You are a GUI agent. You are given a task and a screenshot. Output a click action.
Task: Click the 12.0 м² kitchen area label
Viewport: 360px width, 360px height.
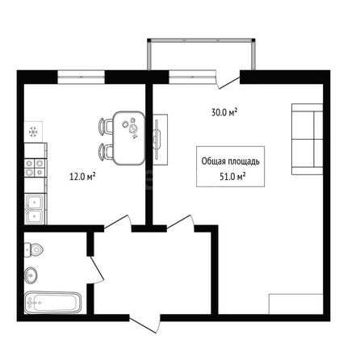tap(82, 177)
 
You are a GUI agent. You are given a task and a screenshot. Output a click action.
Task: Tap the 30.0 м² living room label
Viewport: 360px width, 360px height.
tap(224, 112)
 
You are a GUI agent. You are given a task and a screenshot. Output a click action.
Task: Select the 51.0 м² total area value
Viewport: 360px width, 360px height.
tap(232, 177)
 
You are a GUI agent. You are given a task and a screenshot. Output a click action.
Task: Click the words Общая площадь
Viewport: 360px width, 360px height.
tap(231, 161)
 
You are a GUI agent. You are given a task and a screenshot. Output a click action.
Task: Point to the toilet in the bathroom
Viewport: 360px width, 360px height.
tap(34, 250)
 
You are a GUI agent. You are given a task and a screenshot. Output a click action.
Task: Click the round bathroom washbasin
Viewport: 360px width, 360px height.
tap(31, 275)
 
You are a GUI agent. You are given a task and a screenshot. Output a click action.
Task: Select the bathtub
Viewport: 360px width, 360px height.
tap(52, 303)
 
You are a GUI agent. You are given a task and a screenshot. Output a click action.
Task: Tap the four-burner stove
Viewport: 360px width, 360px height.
tap(36, 168)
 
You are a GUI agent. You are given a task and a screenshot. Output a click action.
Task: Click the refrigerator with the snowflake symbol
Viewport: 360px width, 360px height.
tap(33, 132)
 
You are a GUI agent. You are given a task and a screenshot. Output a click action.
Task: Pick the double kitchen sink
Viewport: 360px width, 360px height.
tap(36, 209)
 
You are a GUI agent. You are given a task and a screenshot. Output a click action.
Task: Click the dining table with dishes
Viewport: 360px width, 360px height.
tap(129, 138)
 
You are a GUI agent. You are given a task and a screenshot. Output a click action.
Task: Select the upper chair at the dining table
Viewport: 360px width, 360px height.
tap(106, 126)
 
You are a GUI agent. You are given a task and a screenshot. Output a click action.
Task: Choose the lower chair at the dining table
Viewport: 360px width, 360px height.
tap(106, 152)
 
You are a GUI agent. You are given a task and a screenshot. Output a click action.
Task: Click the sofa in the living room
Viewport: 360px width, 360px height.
tap(308, 139)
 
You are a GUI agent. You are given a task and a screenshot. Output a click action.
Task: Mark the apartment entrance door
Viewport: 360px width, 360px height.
tap(145, 324)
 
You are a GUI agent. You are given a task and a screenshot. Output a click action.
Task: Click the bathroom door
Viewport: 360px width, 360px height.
tap(96, 270)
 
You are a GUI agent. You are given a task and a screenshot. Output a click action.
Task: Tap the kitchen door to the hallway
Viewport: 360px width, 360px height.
tap(118, 223)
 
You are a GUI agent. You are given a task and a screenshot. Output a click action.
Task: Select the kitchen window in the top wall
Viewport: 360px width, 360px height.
tap(81, 77)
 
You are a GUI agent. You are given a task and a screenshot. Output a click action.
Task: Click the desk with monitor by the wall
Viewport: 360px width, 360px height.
tap(161, 140)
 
